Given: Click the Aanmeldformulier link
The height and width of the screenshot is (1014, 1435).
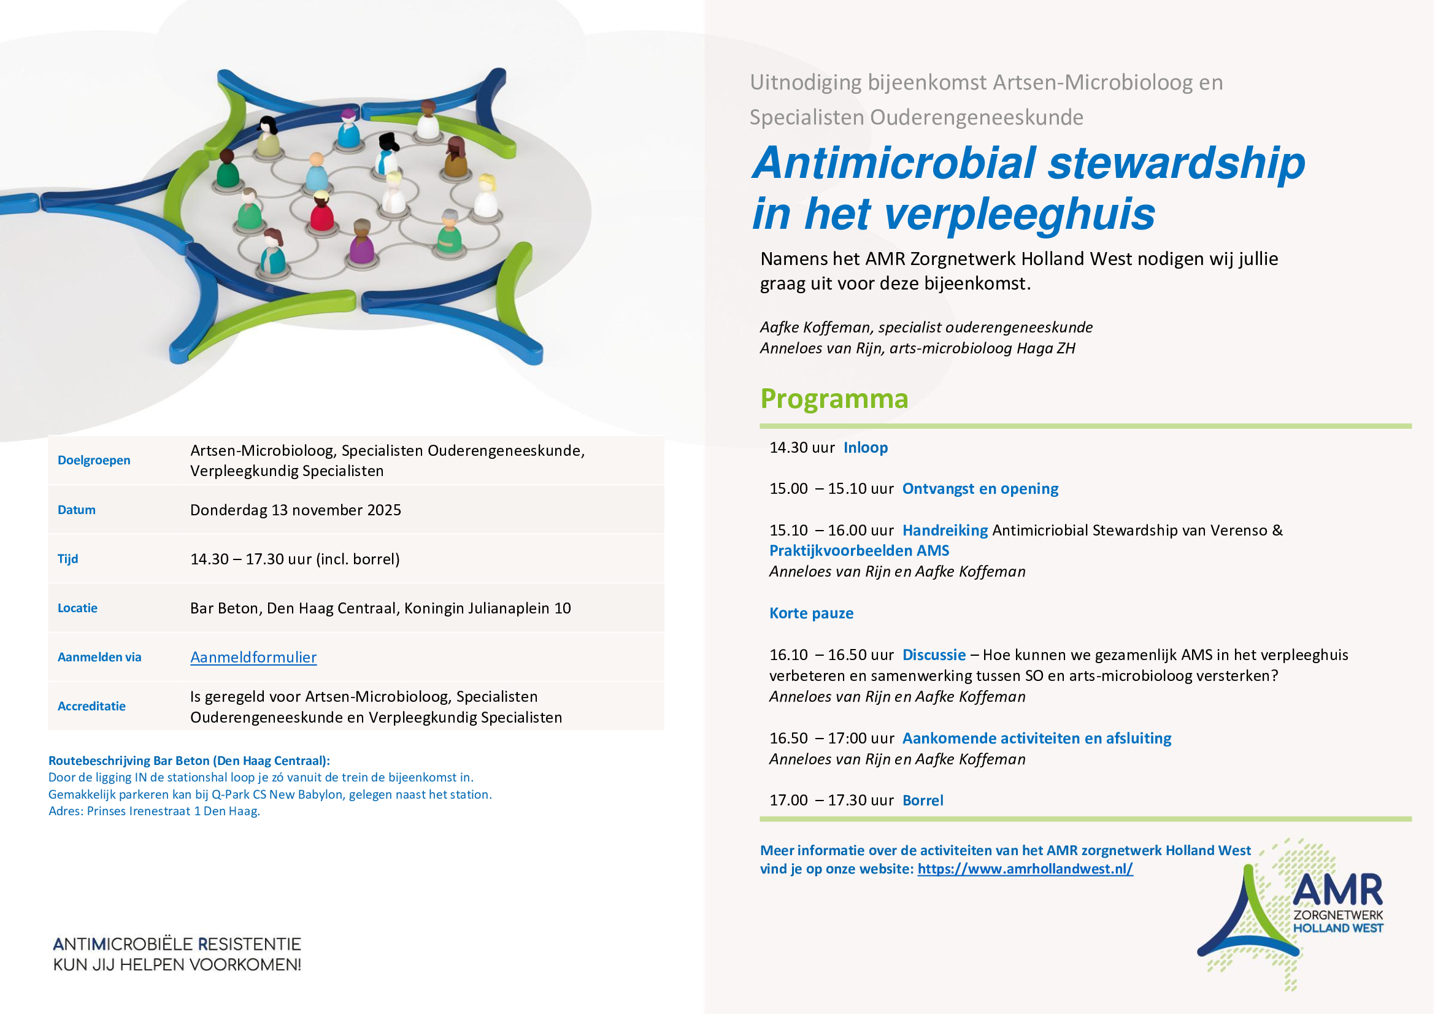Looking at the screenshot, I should (x=253, y=657).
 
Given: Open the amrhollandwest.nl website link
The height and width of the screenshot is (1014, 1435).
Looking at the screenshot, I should (x=1025, y=869).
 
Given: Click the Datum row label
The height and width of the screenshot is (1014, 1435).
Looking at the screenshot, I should (x=76, y=510).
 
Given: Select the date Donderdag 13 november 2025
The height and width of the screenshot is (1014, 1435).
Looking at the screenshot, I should (x=295, y=510).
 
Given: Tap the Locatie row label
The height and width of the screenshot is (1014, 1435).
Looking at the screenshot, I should (x=77, y=608).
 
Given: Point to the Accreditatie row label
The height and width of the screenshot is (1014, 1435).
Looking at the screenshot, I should (x=91, y=706).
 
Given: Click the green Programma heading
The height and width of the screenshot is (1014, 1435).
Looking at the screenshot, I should (x=834, y=399).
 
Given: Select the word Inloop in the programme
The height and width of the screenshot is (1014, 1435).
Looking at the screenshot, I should (x=865, y=447).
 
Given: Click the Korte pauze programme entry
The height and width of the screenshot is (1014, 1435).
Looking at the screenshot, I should (x=810, y=613).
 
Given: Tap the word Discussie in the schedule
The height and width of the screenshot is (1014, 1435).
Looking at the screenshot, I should (x=934, y=655).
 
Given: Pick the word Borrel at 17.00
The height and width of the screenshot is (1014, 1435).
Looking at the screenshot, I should (x=923, y=801).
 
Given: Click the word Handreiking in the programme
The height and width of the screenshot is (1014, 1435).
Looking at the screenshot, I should (x=944, y=531).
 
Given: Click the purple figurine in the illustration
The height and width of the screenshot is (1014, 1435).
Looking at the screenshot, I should (x=361, y=247).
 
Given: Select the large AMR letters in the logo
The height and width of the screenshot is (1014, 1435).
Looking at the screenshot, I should (x=1337, y=890).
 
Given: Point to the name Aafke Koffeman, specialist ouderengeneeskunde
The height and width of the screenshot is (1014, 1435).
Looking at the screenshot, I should (x=926, y=328).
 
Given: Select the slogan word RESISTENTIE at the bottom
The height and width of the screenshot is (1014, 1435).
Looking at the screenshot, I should (x=249, y=944).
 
